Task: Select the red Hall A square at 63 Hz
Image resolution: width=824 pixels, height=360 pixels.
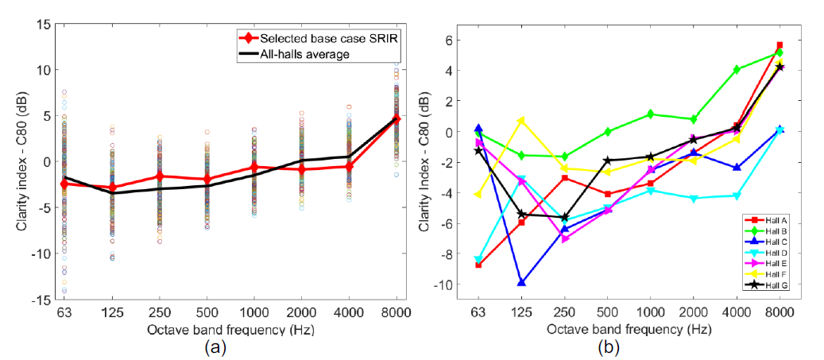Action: pos(478,265)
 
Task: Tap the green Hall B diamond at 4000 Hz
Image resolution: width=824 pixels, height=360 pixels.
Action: pos(737,70)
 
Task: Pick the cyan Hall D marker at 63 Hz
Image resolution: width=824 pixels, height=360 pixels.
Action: pos(478,260)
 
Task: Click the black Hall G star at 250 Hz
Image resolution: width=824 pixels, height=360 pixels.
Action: pos(565,217)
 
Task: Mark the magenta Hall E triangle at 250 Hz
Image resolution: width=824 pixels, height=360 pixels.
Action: pos(565,238)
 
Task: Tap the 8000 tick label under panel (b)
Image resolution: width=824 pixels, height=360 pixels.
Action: pos(780,314)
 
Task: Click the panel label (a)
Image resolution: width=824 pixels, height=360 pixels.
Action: pos(214,346)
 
